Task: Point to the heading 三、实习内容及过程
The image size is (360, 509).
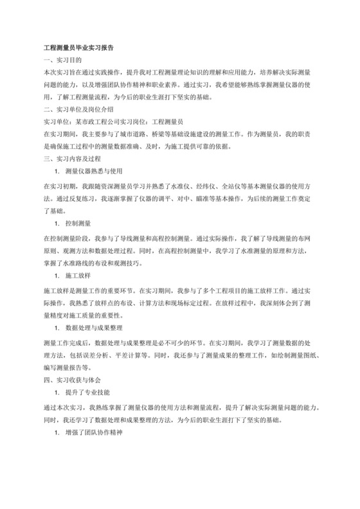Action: (x=72, y=158)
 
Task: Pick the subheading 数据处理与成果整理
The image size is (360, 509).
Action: (x=96, y=327)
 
